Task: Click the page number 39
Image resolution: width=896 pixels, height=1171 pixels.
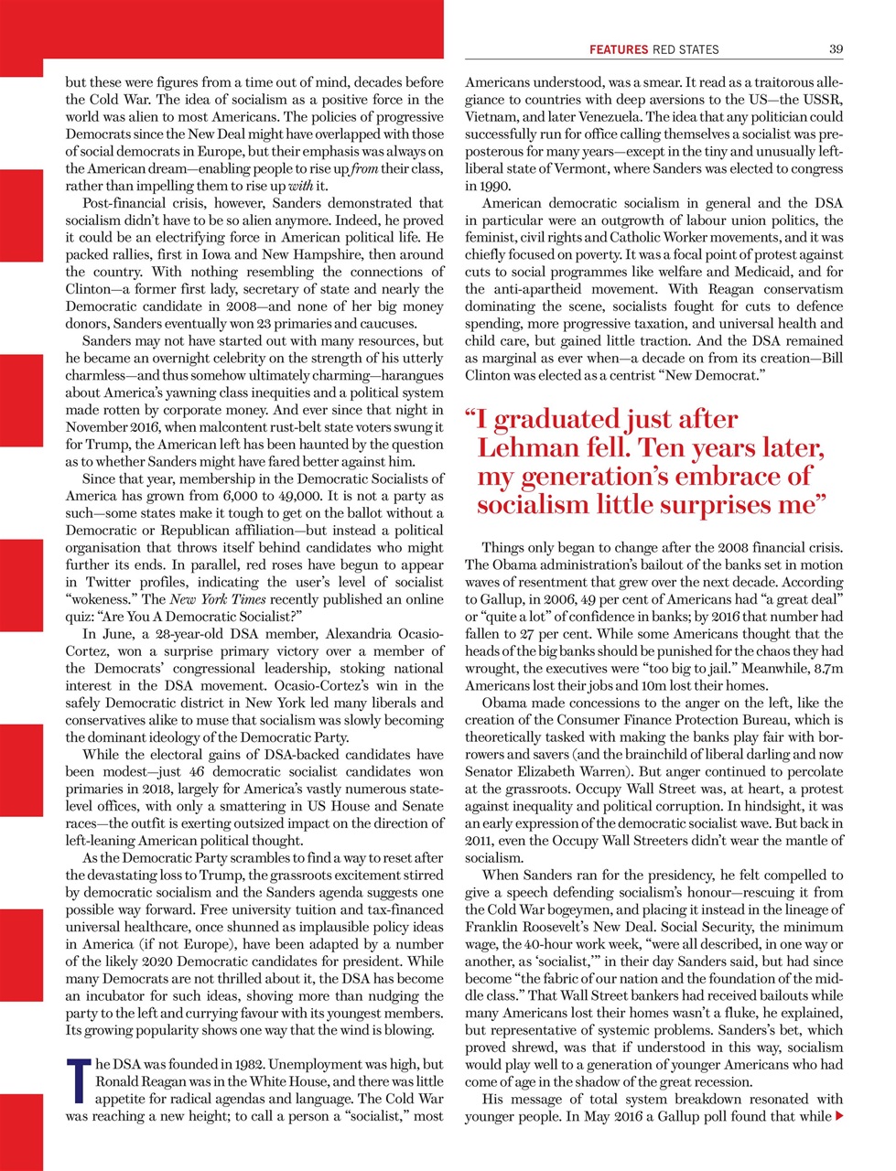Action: (x=836, y=48)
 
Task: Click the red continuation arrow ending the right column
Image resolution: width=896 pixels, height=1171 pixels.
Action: (x=838, y=1116)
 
